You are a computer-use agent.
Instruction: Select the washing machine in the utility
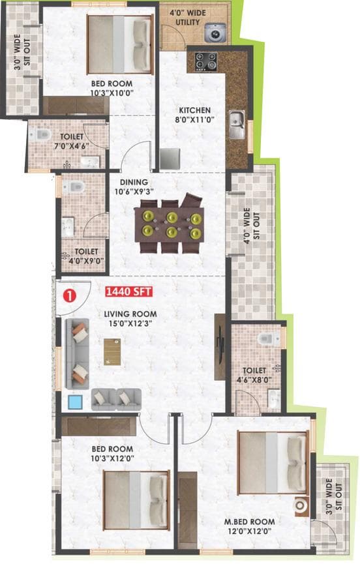(x=213, y=33)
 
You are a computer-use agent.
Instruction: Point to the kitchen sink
(x=237, y=121)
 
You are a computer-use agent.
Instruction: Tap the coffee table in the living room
(x=112, y=352)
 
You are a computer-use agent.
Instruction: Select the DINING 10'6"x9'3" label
(x=137, y=187)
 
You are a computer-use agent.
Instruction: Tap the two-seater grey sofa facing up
(x=115, y=399)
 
